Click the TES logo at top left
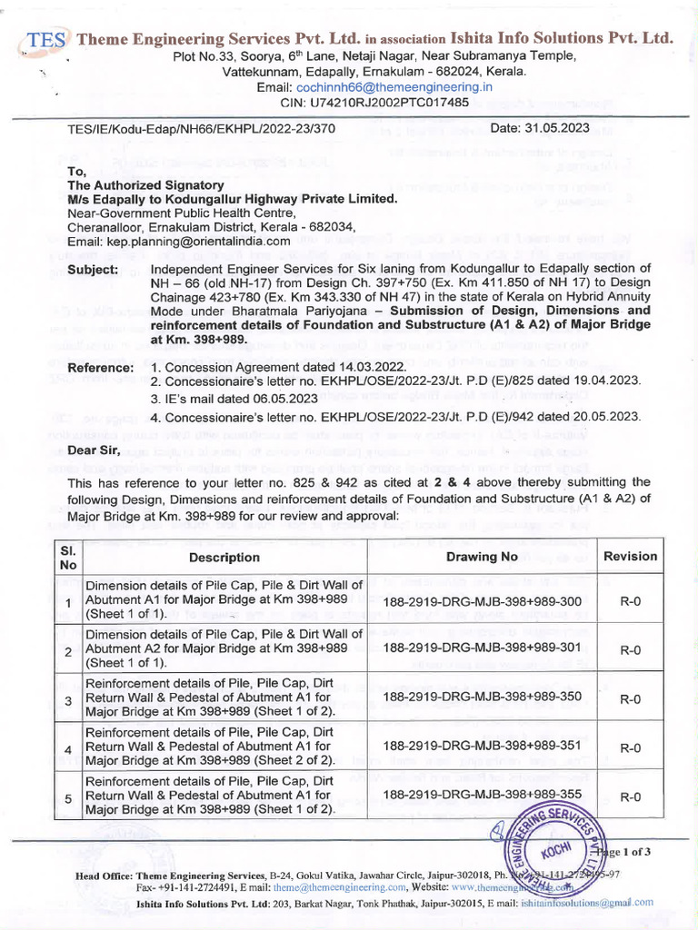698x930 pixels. (44, 41)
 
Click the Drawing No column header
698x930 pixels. (483, 556)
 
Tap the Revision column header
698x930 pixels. (630, 556)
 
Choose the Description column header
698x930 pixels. (224, 557)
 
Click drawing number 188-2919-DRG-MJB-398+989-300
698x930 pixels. (483, 601)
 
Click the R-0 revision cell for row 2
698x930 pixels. (630, 650)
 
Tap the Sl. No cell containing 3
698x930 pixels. (66, 698)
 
